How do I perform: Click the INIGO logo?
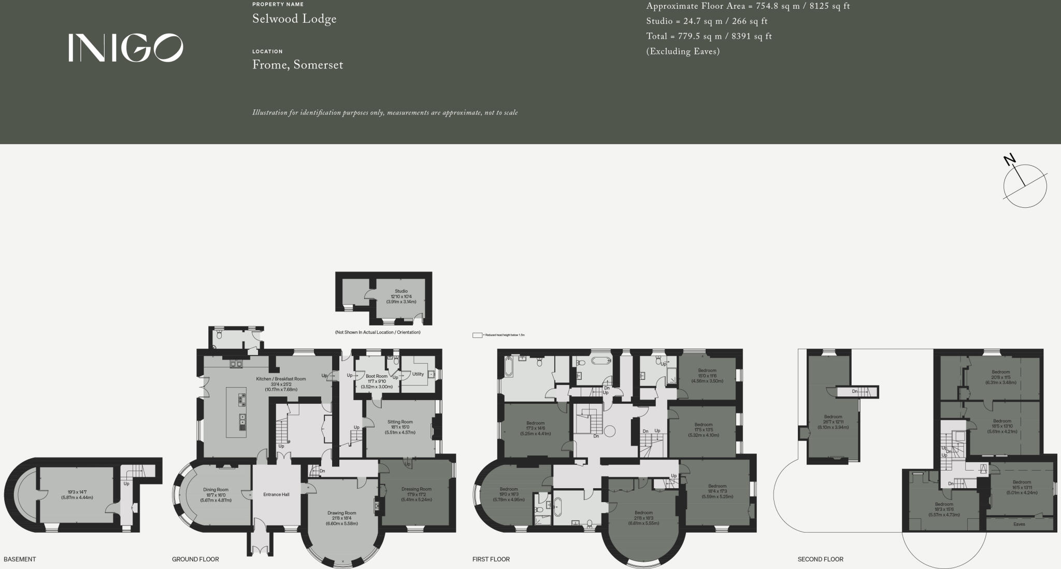(x=125, y=48)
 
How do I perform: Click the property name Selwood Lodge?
(x=294, y=19)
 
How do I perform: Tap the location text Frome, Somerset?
(x=297, y=65)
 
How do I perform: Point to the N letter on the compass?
(x=1009, y=160)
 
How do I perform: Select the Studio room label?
(x=401, y=291)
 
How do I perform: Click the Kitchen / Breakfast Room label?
(x=281, y=379)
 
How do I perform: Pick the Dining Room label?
(x=216, y=490)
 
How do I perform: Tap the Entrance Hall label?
(x=276, y=494)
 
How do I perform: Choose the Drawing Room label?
(x=341, y=513)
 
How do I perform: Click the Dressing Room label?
(x=416, y=489)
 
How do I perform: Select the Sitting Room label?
(x=400, y=422)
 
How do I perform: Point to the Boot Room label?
(x=377, y=376)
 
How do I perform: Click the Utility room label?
(x=418, y=374)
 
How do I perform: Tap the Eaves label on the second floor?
(x=1019, y=524)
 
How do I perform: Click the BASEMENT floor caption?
(x=20, y=560)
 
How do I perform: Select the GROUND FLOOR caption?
(x=195, y=560)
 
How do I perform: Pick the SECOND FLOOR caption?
(x=821, y=560)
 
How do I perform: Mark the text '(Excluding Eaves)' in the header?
(x=683, y=51)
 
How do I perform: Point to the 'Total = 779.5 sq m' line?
(x=709, y=36)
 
